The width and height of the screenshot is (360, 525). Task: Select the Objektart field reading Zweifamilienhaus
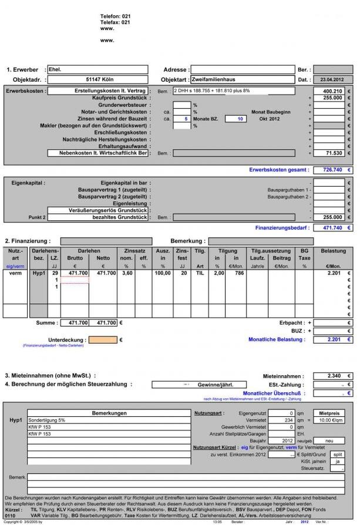click(x=241, y=79)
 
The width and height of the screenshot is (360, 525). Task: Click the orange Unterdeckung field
click(x=102, y=339)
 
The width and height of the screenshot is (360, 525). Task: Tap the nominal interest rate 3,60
click(x=126, y=273)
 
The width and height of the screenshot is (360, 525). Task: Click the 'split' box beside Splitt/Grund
click(x=337, y=454)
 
